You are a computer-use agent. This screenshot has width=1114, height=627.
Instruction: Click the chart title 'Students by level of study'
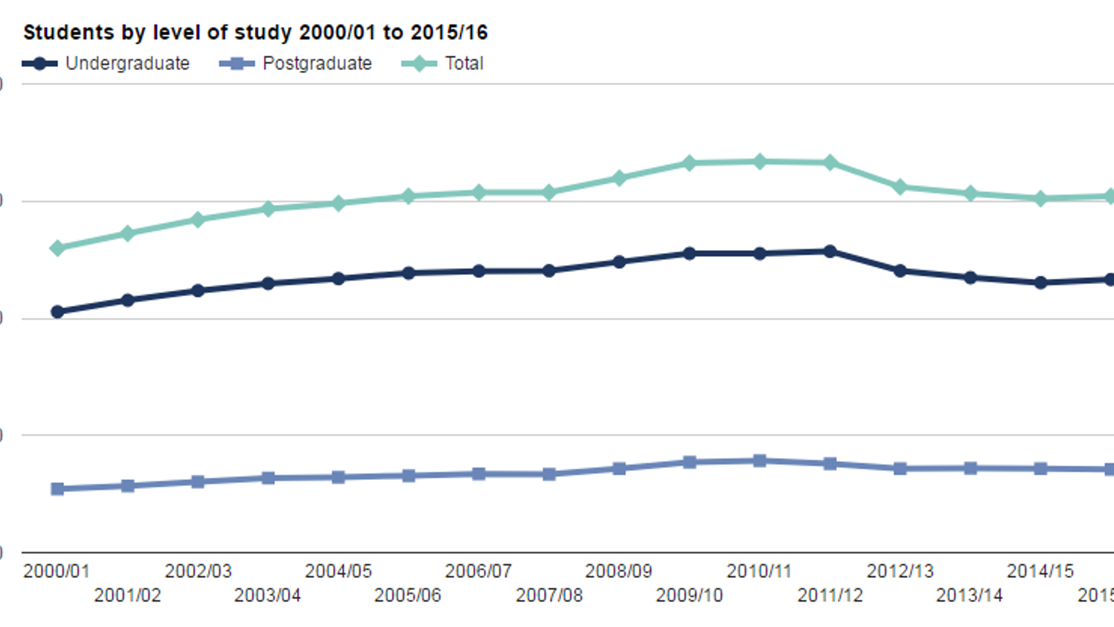[255, 33]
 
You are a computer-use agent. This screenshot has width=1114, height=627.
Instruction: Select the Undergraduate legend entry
[106, 64]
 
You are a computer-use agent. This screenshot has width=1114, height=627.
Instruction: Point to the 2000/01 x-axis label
[57, 571]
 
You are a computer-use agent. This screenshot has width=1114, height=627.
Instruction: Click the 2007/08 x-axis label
[549, 595]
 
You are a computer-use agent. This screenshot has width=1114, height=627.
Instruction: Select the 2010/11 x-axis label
[759, 571]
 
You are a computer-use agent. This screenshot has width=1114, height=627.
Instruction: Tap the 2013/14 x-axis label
[969, 595]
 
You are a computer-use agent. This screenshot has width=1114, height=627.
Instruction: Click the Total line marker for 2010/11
[760, 162]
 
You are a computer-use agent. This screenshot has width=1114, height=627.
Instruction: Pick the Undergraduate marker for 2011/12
[830, 251]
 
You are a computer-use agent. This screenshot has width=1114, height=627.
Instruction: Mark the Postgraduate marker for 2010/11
[760, 461]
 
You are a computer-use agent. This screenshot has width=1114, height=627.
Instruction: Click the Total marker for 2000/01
[57, 248]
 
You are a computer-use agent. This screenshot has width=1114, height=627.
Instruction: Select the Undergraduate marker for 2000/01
[57, 312]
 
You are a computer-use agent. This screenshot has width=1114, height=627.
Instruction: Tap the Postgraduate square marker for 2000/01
[57, 489]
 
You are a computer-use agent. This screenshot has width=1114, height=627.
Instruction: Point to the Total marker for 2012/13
[900, 187]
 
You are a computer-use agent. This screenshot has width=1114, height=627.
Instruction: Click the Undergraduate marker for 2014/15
[1041, 282]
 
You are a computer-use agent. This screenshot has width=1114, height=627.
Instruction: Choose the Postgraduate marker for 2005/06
[409, 476]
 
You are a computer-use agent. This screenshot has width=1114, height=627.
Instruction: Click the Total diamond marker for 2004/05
[338, 204]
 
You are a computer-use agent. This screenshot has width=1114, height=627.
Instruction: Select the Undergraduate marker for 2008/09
[619, 262]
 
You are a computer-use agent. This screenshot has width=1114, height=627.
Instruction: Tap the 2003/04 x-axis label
[268, 595]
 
